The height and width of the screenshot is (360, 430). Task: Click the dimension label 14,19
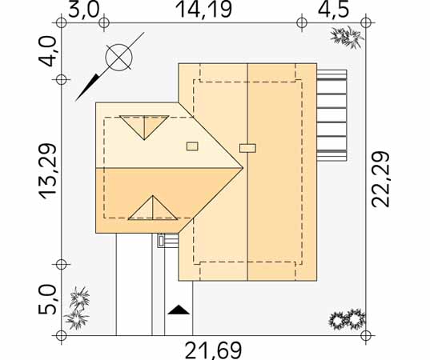click(203, 10)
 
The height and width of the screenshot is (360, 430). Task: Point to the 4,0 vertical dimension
click(48, 51)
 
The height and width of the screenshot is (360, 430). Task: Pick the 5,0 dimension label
click(47, 299)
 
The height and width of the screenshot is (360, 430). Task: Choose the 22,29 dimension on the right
click(380, 179)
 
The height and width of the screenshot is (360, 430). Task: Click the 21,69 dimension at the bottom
click(214, 350)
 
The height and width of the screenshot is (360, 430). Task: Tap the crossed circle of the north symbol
click(119, 58)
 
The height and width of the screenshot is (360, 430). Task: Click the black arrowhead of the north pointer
click(86, 88)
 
